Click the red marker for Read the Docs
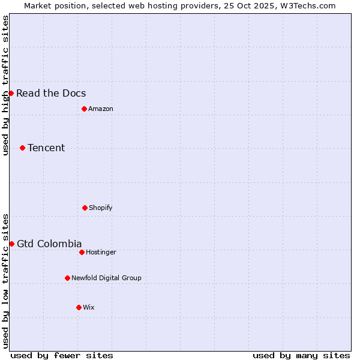[11, 93]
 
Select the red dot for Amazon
[84, 109]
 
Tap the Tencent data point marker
[22, 148]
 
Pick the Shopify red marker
[85, 208]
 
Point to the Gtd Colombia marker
[11, 244]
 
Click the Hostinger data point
[82, 252]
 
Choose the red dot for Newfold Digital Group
[67, 278]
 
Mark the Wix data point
[79, 307]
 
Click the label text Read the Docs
[51, 93]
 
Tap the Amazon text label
[101, 109]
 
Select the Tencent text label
[46, 148]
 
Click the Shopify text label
[101, 208]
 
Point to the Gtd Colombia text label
[49, 244]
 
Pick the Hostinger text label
[101, 252]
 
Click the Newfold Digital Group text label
[106, 278]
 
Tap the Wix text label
[89, 307]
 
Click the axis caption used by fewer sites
[62, 355]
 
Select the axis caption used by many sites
[301, 355]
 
